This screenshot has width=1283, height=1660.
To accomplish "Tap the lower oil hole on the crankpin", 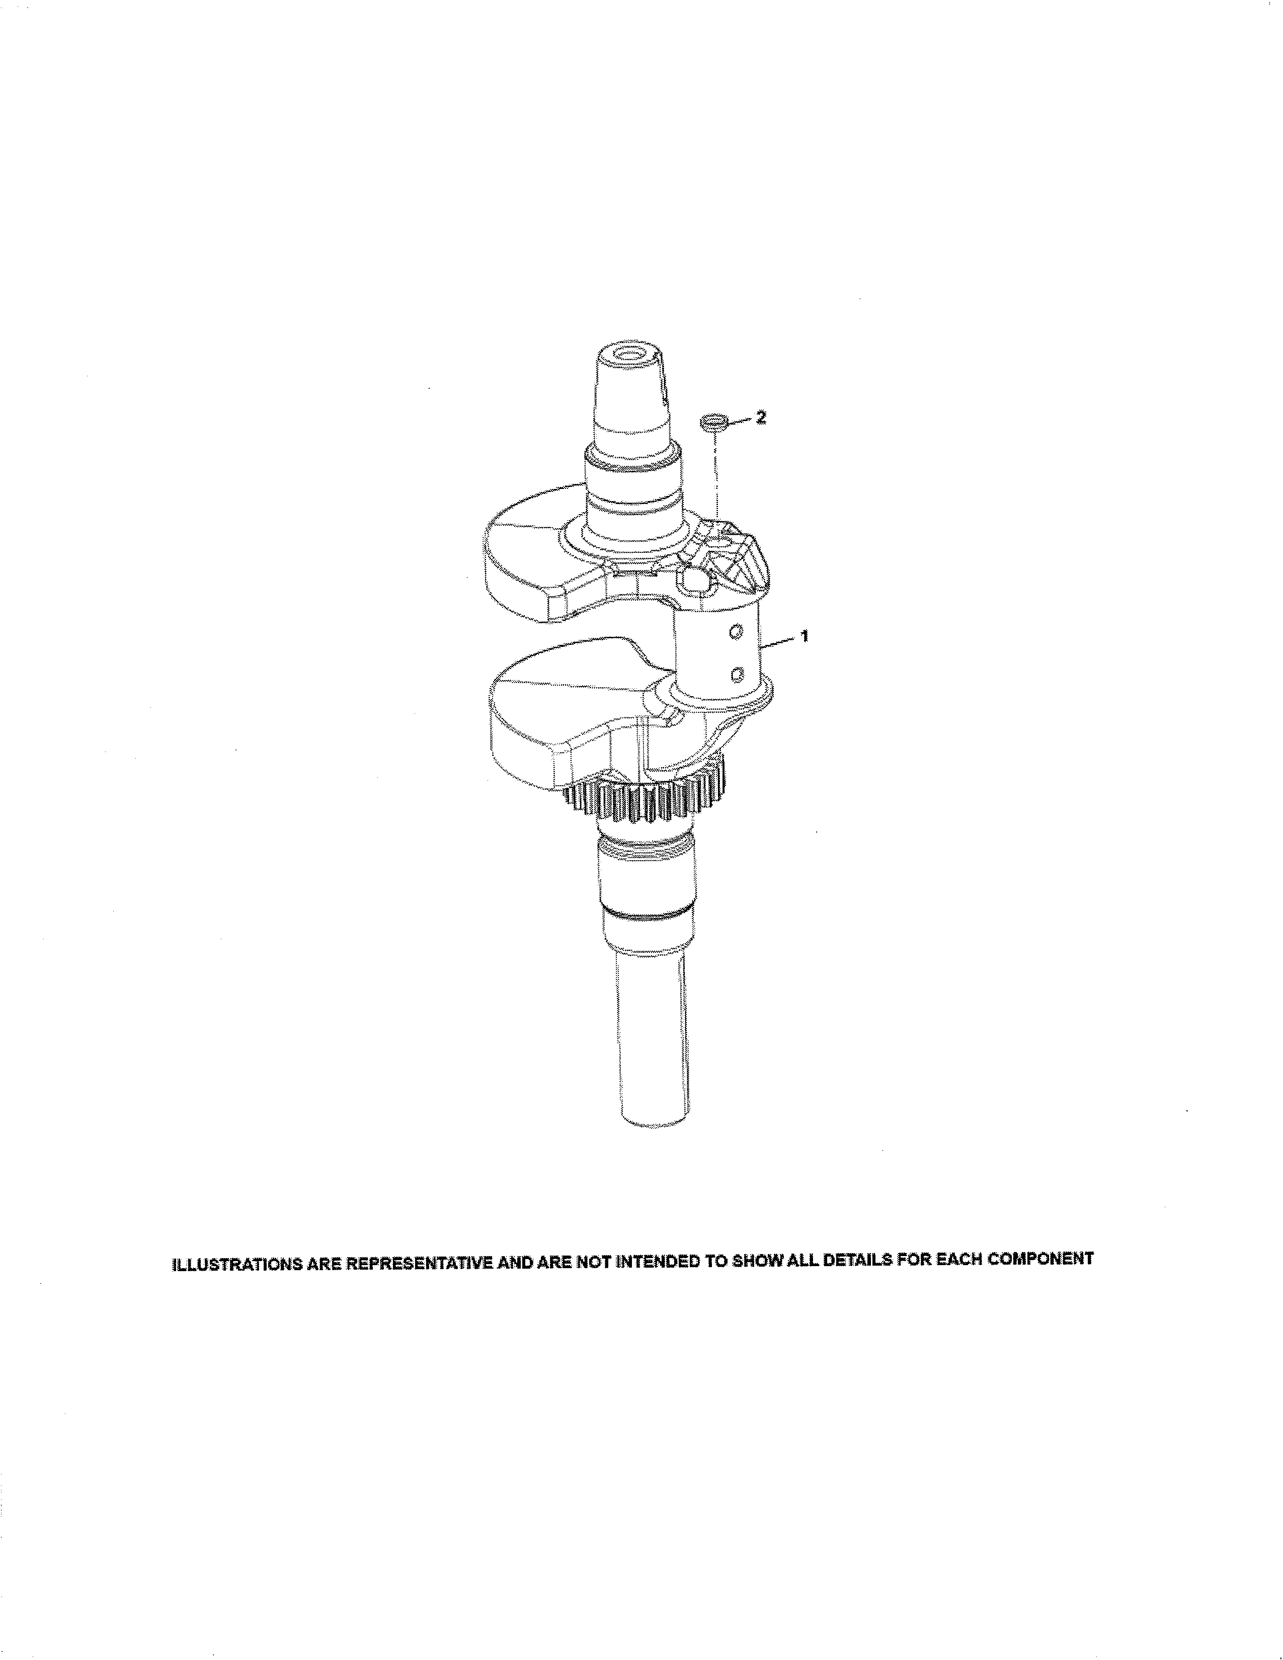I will [736, 672].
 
